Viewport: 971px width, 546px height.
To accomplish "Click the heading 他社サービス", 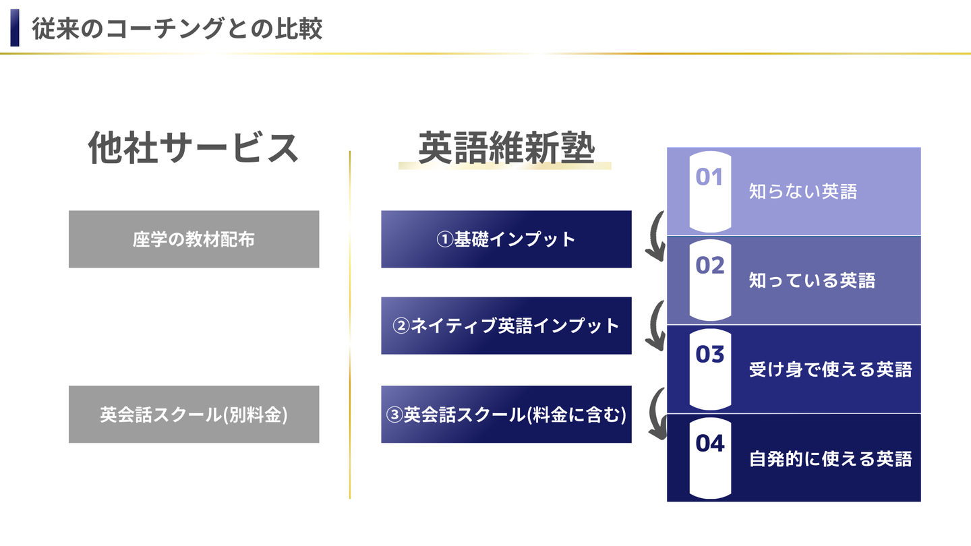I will tap(194, 148).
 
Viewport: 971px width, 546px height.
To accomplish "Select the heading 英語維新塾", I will tap(506, 148).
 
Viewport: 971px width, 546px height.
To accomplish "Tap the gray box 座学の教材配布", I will tap(194, 239).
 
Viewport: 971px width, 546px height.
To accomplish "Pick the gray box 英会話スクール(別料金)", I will tap(194, 415).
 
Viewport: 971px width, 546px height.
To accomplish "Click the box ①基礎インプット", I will tap(506, 239).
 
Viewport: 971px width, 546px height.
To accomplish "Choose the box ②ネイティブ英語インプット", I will tap(506, 326).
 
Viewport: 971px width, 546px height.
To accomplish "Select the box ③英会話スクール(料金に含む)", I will tap(506, 415).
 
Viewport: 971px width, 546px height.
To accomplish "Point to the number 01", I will tap(709, 177).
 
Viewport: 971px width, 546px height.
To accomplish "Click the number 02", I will tap(709, 266).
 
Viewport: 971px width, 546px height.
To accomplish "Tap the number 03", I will tap(709, 355).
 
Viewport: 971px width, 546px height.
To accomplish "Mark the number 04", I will tap(709, 444).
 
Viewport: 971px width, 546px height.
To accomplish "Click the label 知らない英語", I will tap(802, 192).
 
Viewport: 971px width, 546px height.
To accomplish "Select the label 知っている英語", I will tap(812, 280).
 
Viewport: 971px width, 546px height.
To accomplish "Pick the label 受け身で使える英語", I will tap(830, 369).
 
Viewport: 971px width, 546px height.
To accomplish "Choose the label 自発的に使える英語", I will tap(830, 459).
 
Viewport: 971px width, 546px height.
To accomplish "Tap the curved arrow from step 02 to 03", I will tap(655, 326).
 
